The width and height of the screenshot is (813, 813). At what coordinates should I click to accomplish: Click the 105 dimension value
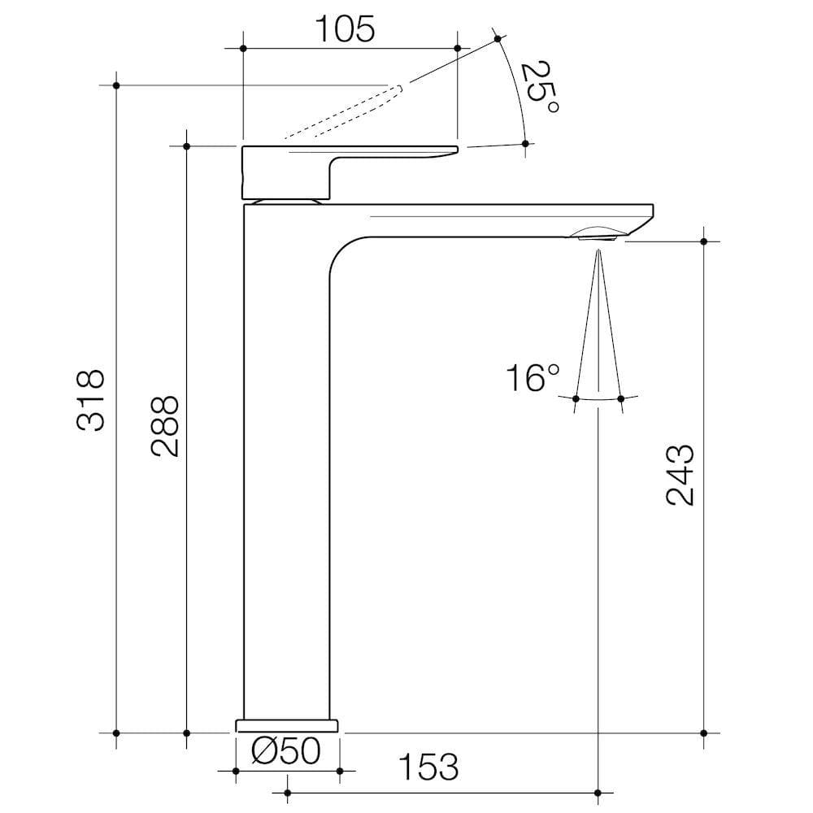coord(345,29)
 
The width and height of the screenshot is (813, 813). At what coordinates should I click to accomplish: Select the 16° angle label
coord(533,378)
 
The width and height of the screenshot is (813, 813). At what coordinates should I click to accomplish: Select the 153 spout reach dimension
coord(428,767)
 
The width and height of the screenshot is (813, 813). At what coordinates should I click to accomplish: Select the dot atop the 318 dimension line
coord(116,85)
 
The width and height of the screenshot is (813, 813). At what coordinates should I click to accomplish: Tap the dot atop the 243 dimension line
coord(704,241)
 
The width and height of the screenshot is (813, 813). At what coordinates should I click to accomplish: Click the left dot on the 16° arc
coord(576,398)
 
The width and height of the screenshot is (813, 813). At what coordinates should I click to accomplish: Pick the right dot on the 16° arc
coord(621,398)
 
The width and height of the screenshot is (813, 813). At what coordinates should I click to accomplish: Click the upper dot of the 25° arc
coord(498,38)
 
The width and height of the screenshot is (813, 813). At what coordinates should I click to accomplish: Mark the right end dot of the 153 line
coord(599,791)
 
